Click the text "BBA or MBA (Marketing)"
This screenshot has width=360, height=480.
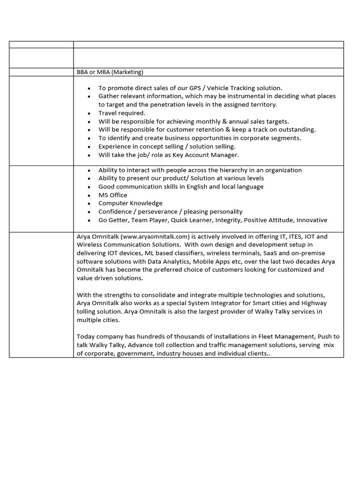click(110, 72)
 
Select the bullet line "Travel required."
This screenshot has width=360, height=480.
click(122, 113)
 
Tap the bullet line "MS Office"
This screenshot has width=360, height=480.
click(112, 195)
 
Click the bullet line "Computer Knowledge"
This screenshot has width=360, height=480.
click(130, 203)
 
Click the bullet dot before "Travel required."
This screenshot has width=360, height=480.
click(89, 113)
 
